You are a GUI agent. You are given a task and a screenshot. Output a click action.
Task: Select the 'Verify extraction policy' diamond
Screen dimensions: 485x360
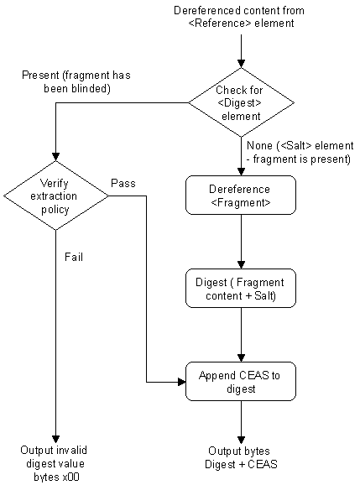coord(55,196)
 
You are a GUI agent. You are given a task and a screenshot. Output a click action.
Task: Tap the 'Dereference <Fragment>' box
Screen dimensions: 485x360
coord(240,195)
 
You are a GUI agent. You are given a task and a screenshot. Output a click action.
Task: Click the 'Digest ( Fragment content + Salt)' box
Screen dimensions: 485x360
coord(240,288)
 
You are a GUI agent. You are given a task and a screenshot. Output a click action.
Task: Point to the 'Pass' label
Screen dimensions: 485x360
coord(123,182)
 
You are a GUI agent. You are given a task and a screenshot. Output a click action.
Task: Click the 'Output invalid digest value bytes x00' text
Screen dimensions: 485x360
coord(55,463)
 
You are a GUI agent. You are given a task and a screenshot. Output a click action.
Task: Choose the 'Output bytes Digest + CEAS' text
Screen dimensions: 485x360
coord(242,457)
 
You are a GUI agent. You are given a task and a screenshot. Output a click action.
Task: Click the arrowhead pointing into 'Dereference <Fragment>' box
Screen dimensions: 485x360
coord(241,170)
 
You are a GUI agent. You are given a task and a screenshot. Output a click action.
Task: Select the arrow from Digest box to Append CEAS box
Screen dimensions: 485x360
coord(241,336)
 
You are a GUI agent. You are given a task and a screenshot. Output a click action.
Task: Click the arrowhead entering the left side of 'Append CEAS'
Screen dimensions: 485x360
coord(180,382)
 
